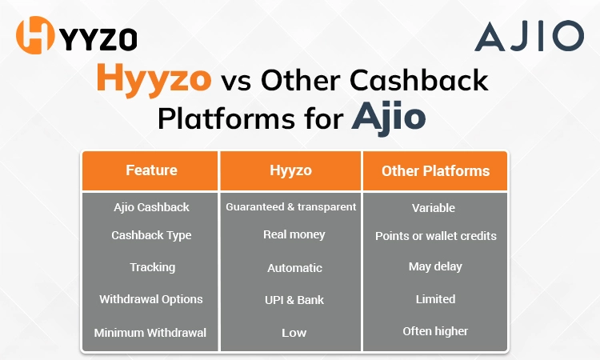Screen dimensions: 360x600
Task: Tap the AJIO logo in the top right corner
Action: point(529,37)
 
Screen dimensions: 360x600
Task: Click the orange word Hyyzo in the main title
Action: point(154,80)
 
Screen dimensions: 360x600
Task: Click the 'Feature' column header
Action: point(151,170)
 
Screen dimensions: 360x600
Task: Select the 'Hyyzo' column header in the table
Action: point(290,170)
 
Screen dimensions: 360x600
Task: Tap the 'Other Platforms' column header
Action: point(435,170)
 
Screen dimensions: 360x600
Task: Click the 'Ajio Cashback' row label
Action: point(151,207)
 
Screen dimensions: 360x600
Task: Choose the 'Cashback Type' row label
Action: point(151,235)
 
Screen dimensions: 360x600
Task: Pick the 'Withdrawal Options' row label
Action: point(151,299)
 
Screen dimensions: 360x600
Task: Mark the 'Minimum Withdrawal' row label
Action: point(150,332)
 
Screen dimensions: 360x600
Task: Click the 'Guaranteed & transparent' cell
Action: point(290,207)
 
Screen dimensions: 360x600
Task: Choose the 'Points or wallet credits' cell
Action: point(435,236)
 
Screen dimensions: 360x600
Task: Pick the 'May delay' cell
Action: point(435,266)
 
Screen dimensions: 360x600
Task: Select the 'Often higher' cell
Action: point(435,330)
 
